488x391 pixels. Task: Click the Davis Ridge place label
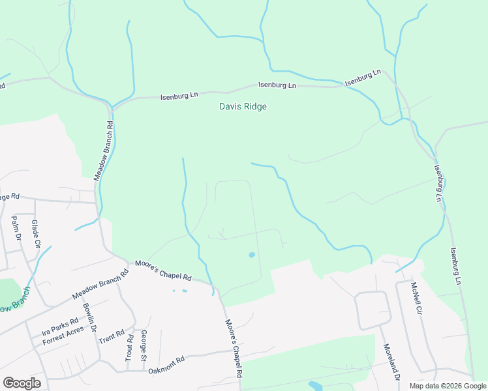pos(243,106)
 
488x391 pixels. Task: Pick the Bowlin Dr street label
pos(89,319)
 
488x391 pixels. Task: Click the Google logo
pos(22,383)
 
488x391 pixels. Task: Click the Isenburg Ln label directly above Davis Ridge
pos(277,85)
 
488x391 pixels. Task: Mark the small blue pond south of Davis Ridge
pos(252,255)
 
